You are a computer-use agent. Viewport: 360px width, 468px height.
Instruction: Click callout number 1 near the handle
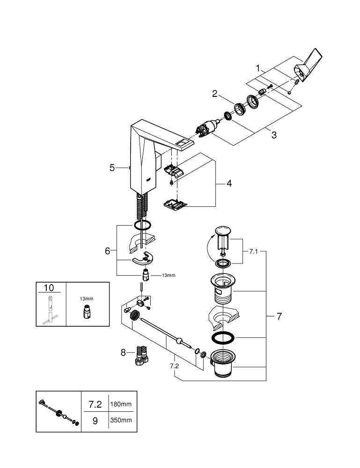tap(257, 68)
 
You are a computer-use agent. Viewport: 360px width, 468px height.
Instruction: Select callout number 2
tap(215, 94)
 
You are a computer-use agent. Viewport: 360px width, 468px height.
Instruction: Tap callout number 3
tap(274, 135)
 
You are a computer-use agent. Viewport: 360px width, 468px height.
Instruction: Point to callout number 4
tap(229, 183)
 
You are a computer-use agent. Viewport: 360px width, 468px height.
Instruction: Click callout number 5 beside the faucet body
tap(112, 167)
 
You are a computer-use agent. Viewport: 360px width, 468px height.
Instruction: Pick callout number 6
tap(108, 251)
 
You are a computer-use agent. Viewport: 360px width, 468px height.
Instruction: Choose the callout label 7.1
tap(253, 252)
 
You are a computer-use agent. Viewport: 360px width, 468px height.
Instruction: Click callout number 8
tap(124, 352)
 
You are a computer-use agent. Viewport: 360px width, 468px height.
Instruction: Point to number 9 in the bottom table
tap(95, 421)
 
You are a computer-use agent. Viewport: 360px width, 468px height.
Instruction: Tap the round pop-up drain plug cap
tap(222, 230)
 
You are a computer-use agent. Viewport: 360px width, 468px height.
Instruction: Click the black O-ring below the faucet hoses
tap(143, 225)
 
